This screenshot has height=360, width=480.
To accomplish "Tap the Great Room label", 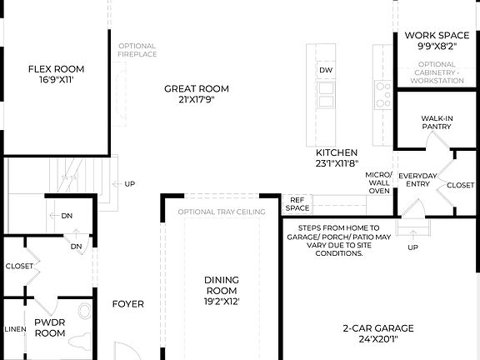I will tap(197, 94).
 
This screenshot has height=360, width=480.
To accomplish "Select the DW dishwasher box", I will tap(326, 70).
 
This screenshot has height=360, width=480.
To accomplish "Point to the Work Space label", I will tap(433, 41).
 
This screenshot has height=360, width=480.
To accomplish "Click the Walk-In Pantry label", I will tap(437, 122).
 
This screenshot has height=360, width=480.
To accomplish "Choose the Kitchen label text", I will tap(337, 158).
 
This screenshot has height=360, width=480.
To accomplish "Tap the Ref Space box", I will tap(297, 203).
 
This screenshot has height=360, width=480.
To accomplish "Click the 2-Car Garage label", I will tap(377, 333).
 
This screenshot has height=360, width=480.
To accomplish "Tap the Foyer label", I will tap(128, 303).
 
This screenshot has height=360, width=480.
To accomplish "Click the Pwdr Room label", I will tap(49, 327).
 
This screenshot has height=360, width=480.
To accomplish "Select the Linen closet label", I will tap(14, 327).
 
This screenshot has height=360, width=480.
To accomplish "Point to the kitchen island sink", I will tap(326, 90).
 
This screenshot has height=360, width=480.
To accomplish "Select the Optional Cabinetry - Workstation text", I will tap(437, 73).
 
